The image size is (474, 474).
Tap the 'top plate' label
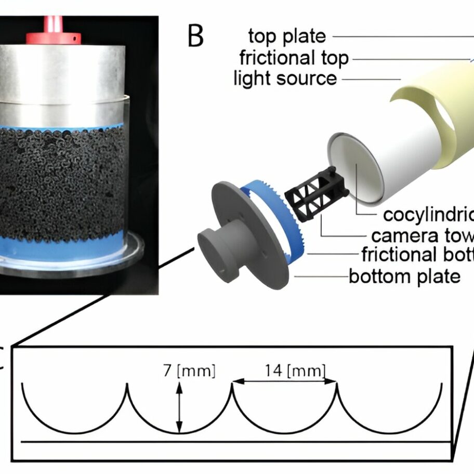[x=287, y=36]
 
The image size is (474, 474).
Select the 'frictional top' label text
[x=294, y=58]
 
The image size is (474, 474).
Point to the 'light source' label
[x=285, y=78]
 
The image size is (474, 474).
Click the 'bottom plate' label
[x=404, y=275]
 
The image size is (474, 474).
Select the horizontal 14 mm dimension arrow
[x=285, y=383]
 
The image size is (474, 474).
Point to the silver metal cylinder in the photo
[x=62, y=83]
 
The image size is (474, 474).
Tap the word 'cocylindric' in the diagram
[x=427, y=215]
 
